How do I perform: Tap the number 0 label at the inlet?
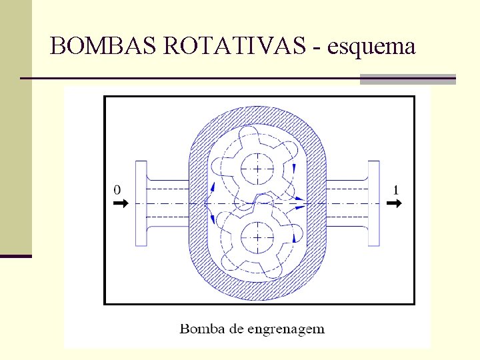click(x=117, y=190)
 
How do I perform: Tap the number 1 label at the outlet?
click(x=396, y=190)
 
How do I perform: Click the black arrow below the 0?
click(x=119, y=203)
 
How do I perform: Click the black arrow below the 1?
click(x=395, y=203)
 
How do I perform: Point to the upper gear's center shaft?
click(x=257, y=168)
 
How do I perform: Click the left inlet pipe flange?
click(x=141, y=203)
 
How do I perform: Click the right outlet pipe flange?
click(x=374, y=203)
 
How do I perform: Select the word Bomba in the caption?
click(x=198, y=328)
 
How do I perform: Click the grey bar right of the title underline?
click(x=407, y=79)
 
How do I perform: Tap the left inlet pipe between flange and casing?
click(x=168, y=203)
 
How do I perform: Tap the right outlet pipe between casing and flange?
click(x=346, y=203)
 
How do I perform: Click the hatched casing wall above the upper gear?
click(x=257, y=116)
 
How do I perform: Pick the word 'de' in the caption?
click(x=237, y=328)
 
